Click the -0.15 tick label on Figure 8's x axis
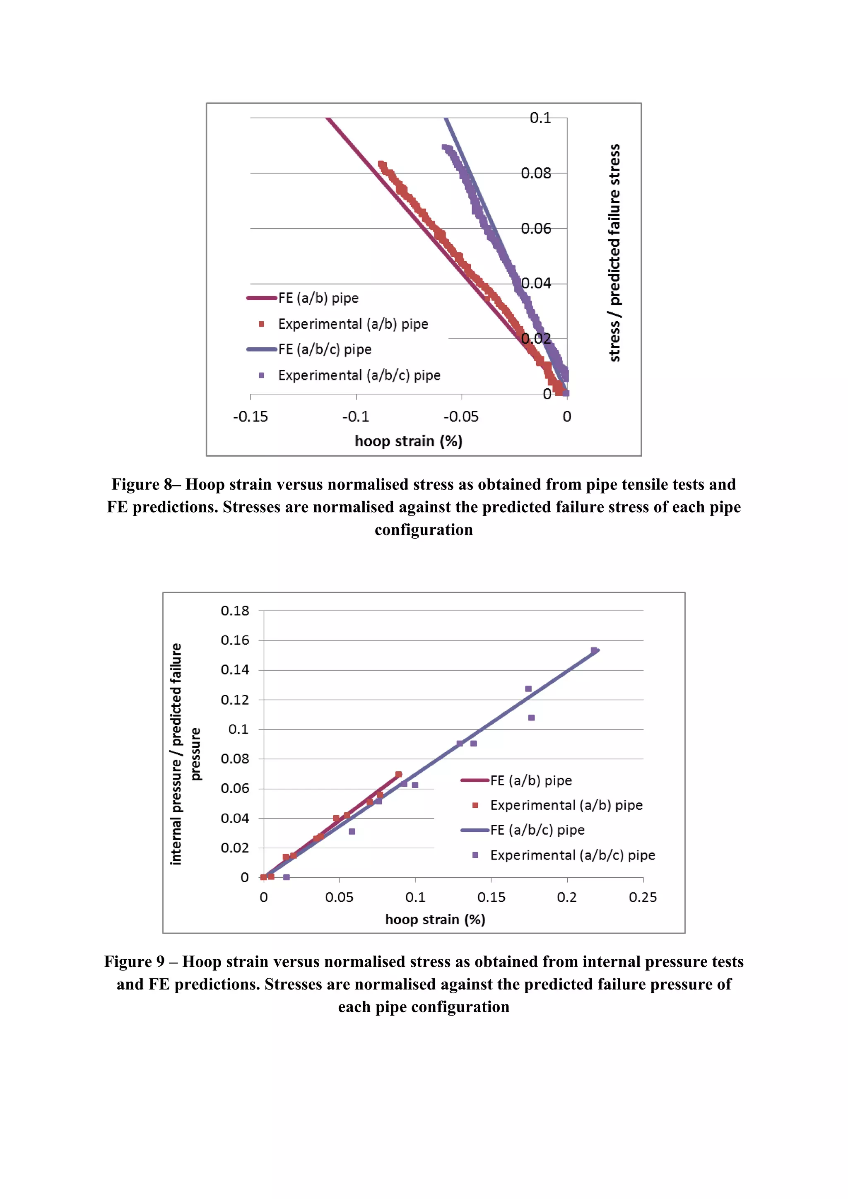click(x=250, y=417)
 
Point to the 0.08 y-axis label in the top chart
click(x=536, y=173)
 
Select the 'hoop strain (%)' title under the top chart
click(x=408, y=441)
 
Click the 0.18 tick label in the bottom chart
click(x=235, y=610)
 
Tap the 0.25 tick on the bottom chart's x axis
click(x=643, y=897)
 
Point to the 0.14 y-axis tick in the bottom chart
click(x=235, y=669)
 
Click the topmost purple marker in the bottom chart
click(x=594, y=651)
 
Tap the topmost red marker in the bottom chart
click(x=398, y=775)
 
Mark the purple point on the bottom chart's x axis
click(x=286, y=877)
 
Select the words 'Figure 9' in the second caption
click(x=134, y=961)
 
